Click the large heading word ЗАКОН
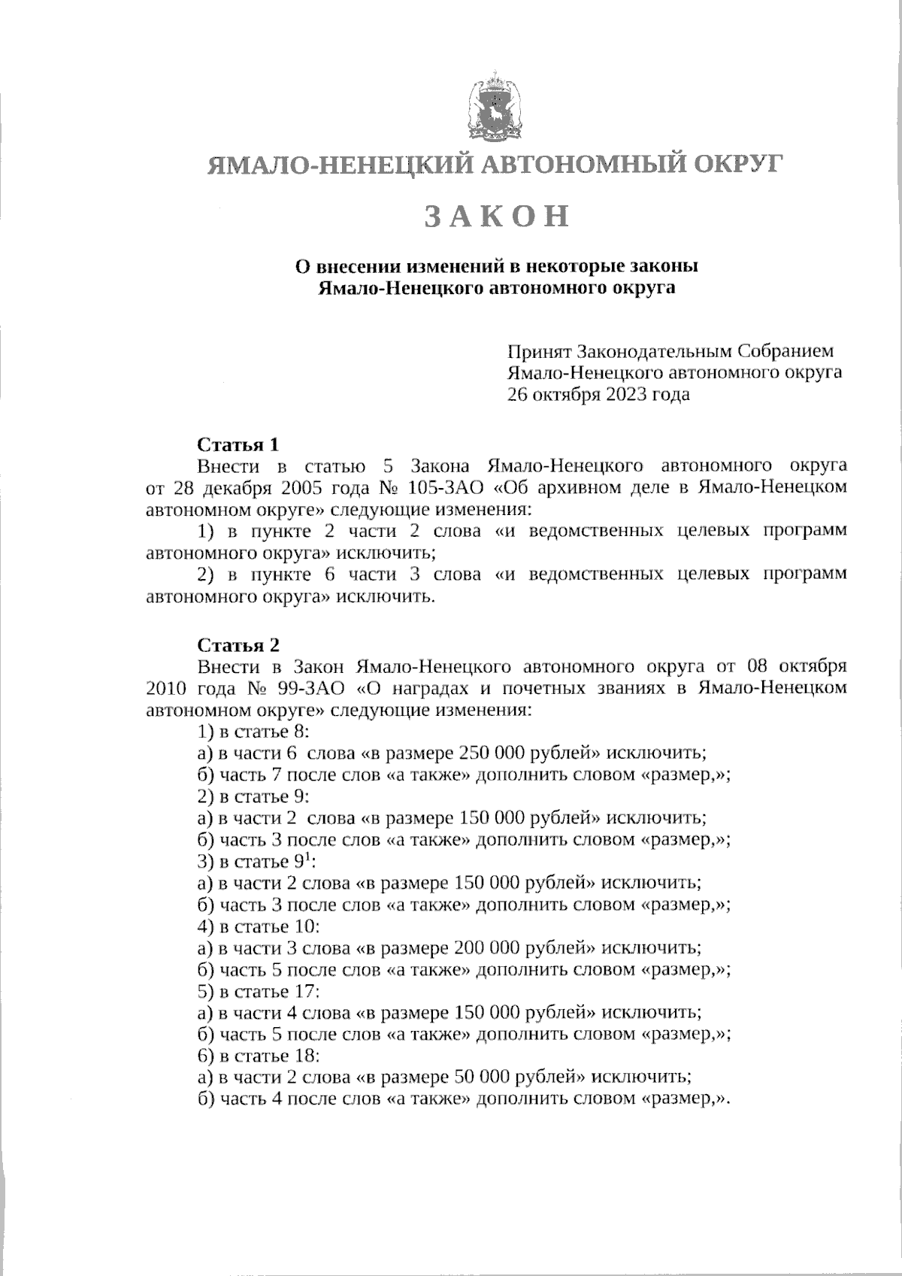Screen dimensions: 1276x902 [497, 216]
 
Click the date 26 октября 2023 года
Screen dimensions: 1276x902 [599, 394]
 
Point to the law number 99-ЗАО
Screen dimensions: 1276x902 [318, 687]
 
